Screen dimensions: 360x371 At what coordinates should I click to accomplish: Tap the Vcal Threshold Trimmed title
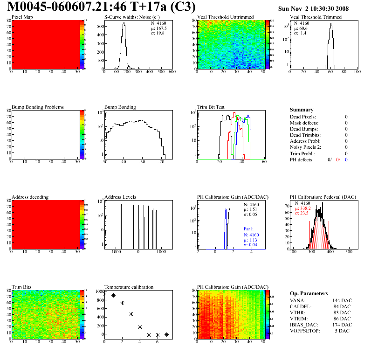pyautogui.click(x=316, y=17)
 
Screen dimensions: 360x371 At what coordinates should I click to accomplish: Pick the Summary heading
pyautogui.click(x=302, y=110)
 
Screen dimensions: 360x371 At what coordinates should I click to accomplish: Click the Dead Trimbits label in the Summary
pyautogui.click(x=305, y=135)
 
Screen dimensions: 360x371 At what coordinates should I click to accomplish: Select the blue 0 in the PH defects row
pyautogui.click(x=347, y=159)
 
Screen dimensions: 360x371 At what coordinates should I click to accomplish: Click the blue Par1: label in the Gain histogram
pyautogui.click(x=248, y=229)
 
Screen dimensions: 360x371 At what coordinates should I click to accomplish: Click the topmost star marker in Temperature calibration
pyautogui.click(x=104, y=294)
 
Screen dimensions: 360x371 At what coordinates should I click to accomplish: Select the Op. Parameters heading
pyautogui.click(x=309, y=293)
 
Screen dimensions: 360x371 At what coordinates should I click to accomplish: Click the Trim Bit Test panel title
pyautogui.click(x=211, y=107)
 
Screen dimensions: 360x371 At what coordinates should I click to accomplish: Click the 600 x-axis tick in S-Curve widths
pyautogui.click(x=172, y=72)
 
